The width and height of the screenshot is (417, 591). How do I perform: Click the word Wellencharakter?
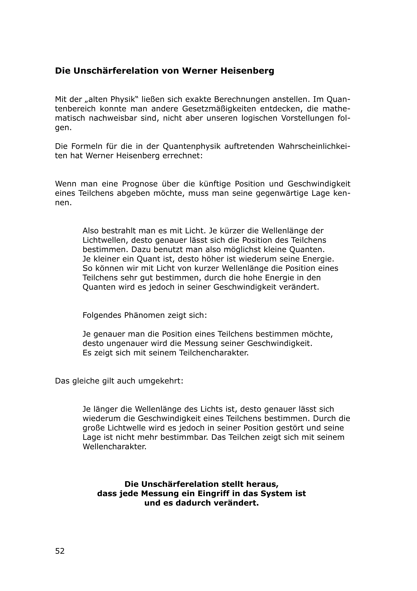click(114, 447)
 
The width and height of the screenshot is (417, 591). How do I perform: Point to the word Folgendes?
click(102, 315)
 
